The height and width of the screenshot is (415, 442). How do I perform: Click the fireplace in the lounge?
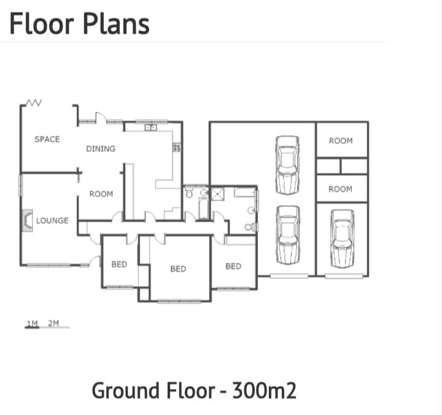pyautogui.click(x=27, y=220)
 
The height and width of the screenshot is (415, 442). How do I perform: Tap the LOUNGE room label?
pyautogui.click(x=52, y=220)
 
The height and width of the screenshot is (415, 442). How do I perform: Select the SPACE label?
pyautogui.click(x=47, y=139)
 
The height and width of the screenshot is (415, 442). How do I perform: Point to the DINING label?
pyautogui.click(x=101, y=149)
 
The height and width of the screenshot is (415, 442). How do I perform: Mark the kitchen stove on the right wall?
pyautogui.click(x=177, y=147)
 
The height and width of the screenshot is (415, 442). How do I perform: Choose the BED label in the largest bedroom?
pyautogui.click(x=178, y=269)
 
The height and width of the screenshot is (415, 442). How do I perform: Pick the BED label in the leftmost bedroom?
pyautogui.click(x=119, y=265)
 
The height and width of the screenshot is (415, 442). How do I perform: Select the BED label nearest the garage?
pyautogui.click(x=233, y=266)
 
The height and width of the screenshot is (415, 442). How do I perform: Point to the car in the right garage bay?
pyautogui.click(x=341, y=238)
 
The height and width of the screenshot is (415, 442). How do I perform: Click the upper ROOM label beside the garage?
pyautogui.click(x=341, y=141)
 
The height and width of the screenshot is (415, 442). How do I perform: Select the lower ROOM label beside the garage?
pyautogui.click(x=340, y=189)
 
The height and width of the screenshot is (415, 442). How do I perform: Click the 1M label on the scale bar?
pyautogui.click(x=33, y=323)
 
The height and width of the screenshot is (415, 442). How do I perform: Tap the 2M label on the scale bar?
pyautogui.click(x=53, y=323)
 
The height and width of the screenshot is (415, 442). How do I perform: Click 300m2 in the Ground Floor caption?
pyautogui.click(x=264, y=390)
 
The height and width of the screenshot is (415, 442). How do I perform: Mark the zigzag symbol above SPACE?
pyautogui.click(x=33, y=103)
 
